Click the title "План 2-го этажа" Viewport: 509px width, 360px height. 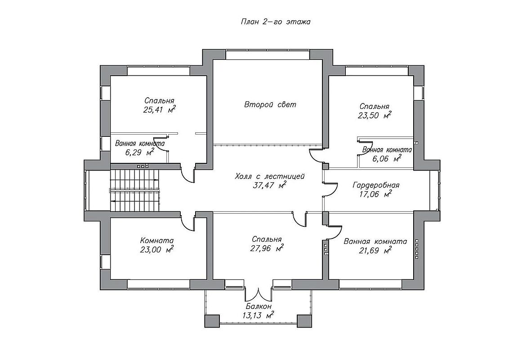pyautogui.click(x=275, y=22)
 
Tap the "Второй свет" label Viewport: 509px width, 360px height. pyautogui.click(x=270, y=104)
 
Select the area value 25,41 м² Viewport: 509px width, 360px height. pyautogui.click(x=159, y=109)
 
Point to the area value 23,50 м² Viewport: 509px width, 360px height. pyautogui.click(x=374, y=115)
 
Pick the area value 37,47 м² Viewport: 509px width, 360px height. pyautogui.click(x=269, y=185)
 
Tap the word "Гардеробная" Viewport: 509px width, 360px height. pyautogui.click(x=376, y=185)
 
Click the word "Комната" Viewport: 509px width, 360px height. pyautogui.click(x=157, y=241)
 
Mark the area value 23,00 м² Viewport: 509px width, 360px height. pyautogui.click(x=157, y=250)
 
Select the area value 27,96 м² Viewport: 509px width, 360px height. pyautogui.click(x=267, y=248)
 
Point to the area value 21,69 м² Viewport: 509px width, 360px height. pyautogui.click(x=375, y=251)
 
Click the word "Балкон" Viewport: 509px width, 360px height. pyautogui.click(x=259, y=306)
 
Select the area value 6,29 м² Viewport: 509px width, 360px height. pyautogui.click(x=139, y=152)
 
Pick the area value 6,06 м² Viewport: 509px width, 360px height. pyautogui.click(x=387, y=159)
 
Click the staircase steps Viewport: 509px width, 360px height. pyautogui.click(x=135, y=190)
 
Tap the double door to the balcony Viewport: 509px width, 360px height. pyautogui.click(x=258, y=294)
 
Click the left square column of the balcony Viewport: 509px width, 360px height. pyautogui.click(x=212, y=321)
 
